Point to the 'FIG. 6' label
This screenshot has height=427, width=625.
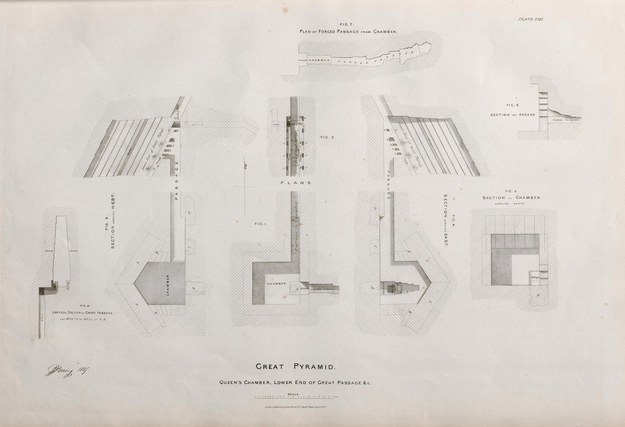(x=505, y=105)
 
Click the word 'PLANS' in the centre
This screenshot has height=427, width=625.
(x=295, y=183)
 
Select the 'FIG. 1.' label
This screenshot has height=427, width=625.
(x=260, y=225)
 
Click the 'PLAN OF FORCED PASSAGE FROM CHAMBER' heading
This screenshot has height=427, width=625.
(x=348, y=31)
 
